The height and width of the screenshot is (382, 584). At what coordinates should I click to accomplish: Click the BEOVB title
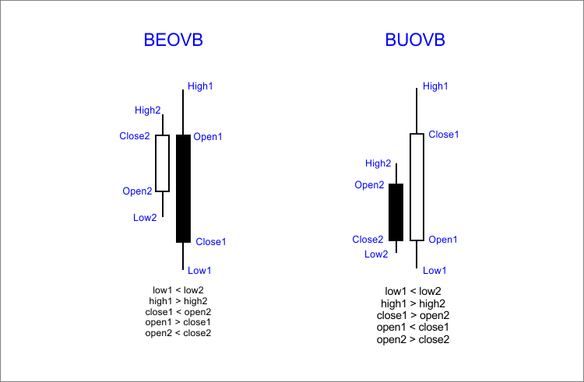[174, 40]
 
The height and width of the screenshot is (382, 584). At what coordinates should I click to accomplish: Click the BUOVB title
[415, 40]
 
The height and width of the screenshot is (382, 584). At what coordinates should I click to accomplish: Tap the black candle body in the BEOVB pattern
[183, 188]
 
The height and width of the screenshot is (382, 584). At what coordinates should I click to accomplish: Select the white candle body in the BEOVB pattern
[162, 163]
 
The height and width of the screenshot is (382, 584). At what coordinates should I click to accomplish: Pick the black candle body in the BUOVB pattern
[396, 212]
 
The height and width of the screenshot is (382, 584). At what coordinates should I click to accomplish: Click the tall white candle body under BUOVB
[417, 187]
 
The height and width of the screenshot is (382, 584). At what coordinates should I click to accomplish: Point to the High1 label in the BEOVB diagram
[200, 86]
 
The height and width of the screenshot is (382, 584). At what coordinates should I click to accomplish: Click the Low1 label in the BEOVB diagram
[199, 270]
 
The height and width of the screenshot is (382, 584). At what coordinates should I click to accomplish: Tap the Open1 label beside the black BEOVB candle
[208, 137]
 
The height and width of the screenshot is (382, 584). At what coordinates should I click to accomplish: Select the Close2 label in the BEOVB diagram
[134, 136]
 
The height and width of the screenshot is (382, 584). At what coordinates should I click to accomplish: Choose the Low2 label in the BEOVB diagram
[144, 218]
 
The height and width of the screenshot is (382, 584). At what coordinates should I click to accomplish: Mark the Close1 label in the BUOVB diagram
[444, 135]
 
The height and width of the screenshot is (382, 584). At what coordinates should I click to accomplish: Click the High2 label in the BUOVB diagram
[378, 163]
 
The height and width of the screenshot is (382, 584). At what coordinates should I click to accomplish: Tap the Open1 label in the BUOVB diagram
[443, 240]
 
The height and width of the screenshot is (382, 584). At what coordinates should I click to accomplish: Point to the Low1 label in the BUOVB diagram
[434, 270]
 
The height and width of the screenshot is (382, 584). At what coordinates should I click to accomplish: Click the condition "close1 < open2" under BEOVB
[178, 311]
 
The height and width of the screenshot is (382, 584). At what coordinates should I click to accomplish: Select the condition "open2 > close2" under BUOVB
[413, 339]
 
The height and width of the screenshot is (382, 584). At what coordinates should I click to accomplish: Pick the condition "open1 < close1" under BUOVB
[413, 327]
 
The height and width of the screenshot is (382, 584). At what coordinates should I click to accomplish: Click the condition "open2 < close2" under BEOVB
[178, 333]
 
